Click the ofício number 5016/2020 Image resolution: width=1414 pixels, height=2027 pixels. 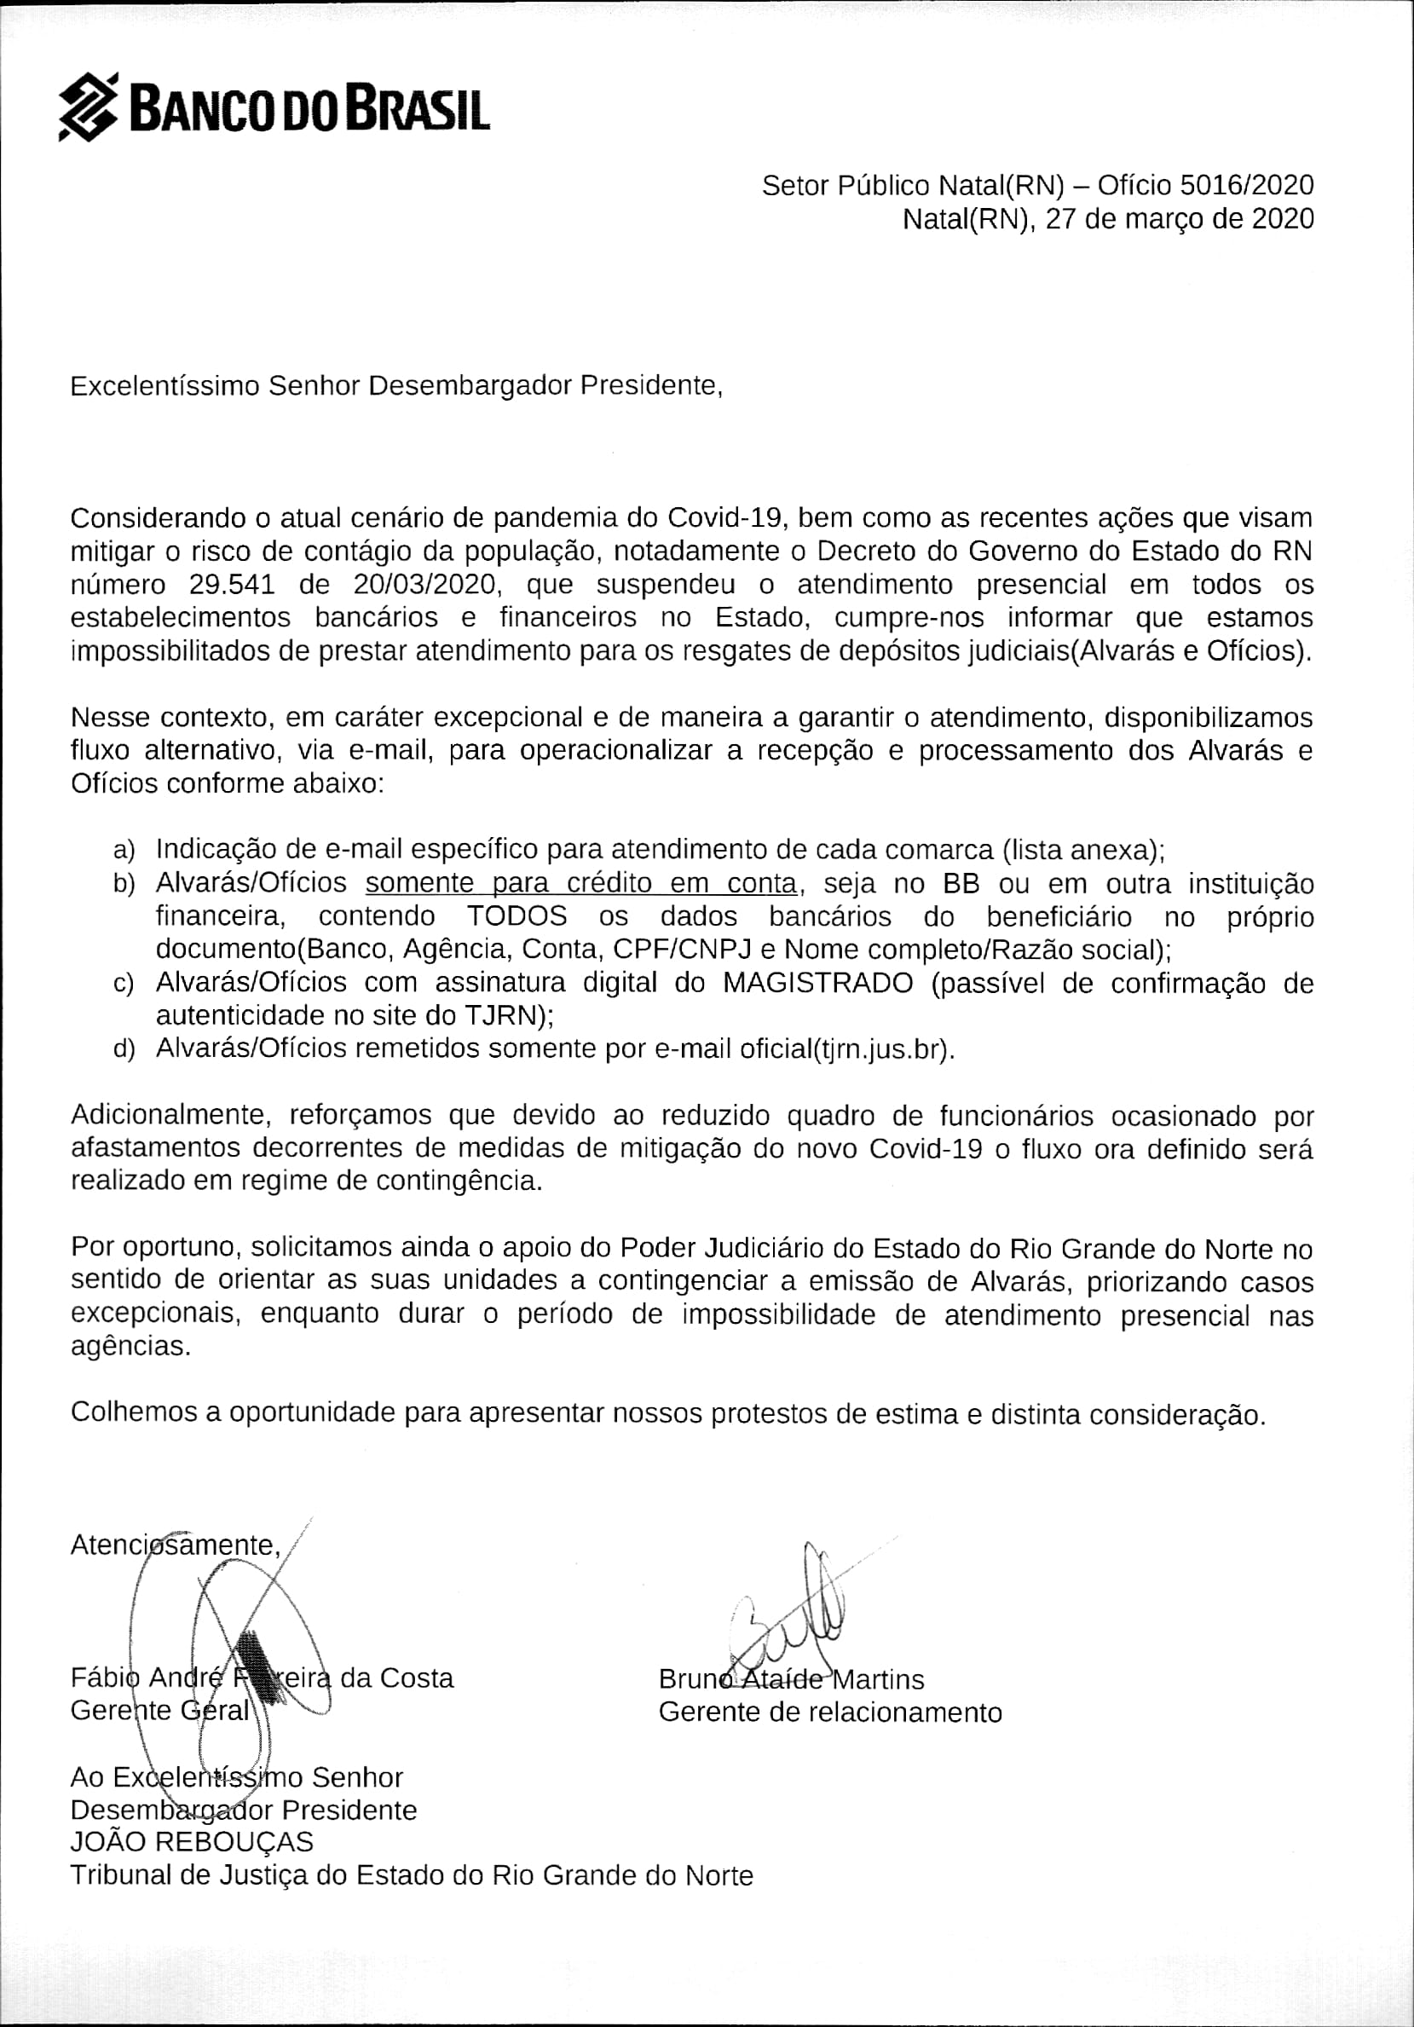tap(1246, 186)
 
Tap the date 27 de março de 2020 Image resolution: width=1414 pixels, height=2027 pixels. tap(1180, 219)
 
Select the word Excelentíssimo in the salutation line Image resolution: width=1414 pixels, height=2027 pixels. tap(164, 386)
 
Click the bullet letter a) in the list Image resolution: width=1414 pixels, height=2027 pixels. tap(124, 850)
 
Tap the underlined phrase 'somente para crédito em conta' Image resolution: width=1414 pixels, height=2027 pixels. tap(580, 884)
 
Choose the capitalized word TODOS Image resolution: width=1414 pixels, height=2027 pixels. tap(517, 916)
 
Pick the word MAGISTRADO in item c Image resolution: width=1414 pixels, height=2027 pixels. tap(817, 983)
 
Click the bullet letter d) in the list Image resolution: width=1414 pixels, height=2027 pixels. tap(124, 1049)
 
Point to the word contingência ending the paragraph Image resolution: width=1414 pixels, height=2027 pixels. tap(459, 1181)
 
